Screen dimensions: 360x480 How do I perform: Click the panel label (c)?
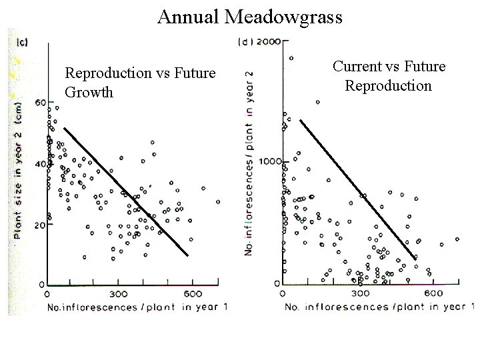21,43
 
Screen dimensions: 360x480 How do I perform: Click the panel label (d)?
247,42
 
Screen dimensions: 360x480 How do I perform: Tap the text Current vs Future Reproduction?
388,76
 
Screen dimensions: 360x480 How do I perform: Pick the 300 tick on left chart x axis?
119,294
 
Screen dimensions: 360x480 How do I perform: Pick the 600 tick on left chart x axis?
192,294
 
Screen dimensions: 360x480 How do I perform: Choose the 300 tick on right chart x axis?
360,293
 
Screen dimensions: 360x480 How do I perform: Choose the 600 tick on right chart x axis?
434,293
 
